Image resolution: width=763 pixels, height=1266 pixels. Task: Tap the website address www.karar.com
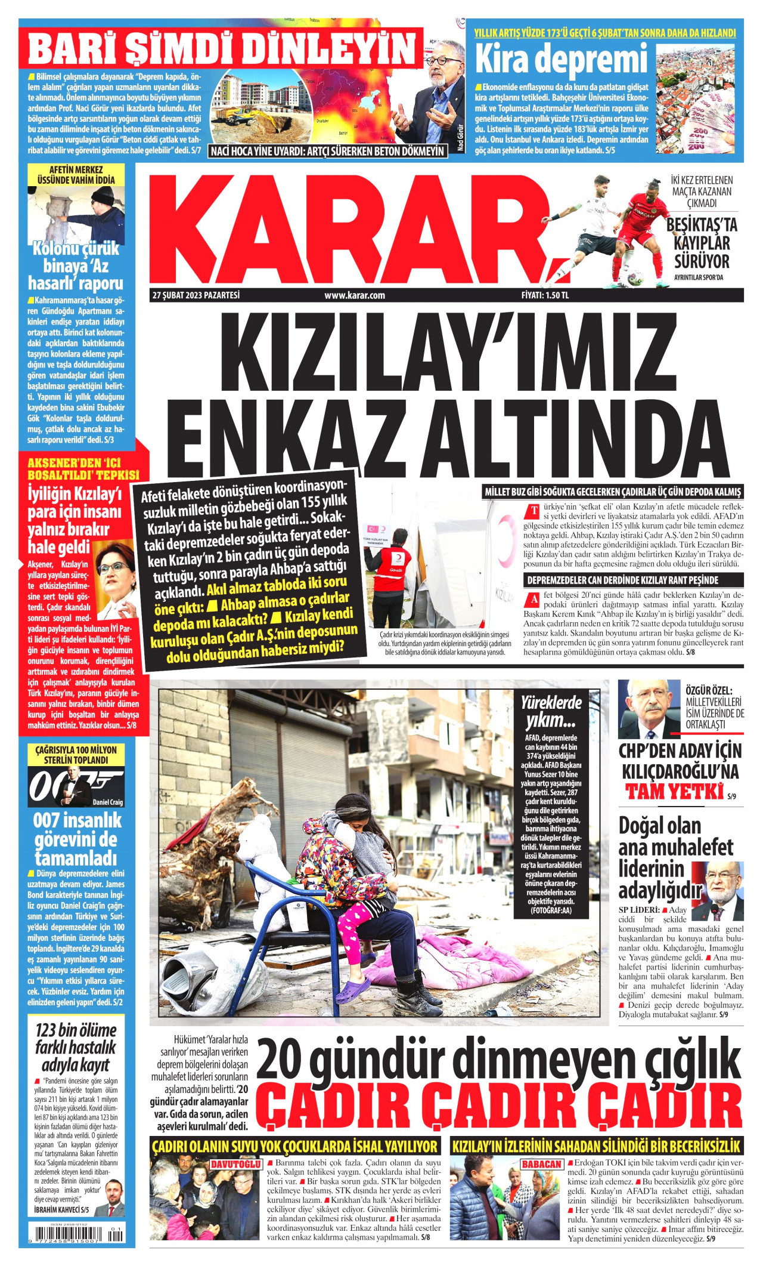(355, 295)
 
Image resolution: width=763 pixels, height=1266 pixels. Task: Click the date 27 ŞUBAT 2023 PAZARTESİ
(196, 295)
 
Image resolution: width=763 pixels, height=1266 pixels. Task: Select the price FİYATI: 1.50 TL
(545, 295)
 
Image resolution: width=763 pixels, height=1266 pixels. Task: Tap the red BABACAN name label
(541, 1164)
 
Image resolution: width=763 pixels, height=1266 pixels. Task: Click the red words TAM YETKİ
(674, 792)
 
